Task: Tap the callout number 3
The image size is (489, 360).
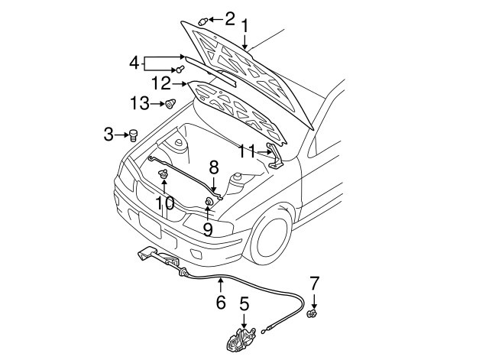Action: tap(108, 135)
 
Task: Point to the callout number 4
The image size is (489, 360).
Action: tap(134, 62)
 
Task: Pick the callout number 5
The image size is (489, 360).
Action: tap(244, 305)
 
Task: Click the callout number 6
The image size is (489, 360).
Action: tap(221, 302)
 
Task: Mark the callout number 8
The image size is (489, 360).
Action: tap(214, 166)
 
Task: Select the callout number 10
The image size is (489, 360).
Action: tap(165, 203)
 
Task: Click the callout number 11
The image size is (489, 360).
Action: tap(245, 152)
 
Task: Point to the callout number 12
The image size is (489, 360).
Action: tap(160, 83)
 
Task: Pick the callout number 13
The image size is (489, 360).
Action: tap(139, 104)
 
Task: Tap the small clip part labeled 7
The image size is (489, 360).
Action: tap(312, 313)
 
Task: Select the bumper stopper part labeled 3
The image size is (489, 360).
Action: tap(133, 136)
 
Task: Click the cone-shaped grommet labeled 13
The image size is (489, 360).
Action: tap(171, 104)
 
